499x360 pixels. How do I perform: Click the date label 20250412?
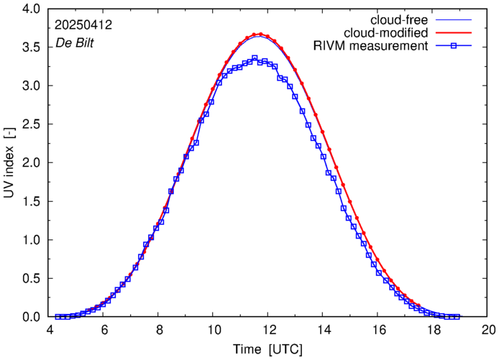pyautogui.click(x=83, y=24)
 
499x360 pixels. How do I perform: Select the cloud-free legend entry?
pyautogui.click(x=396, y=19)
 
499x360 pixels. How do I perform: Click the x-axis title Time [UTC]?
pyautogui.click(x=267, y=349)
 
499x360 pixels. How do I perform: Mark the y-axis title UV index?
pyautogui.click(x=10, y=162)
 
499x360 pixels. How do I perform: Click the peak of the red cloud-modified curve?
pyautogui.click(x=260, y=34)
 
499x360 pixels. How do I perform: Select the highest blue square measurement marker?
pyautogui.click(x=255, y=58)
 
